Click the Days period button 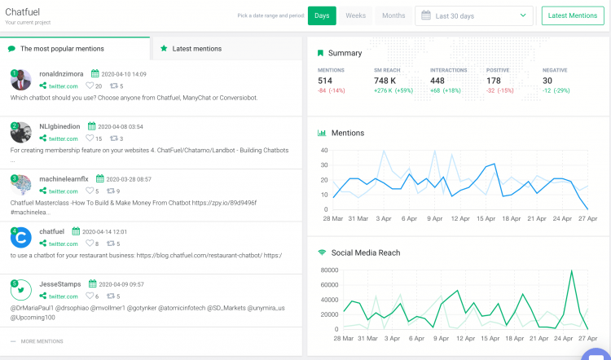[x=323, y=15]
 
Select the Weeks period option [x=355, y=15]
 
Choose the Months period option [x=393, y=15]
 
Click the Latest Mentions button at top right [x=572, y=15]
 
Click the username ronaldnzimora [x=61, y=74]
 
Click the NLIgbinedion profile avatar [x=21, y=132]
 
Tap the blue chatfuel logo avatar [x=21, y=237]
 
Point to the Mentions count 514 [x=326, y=81]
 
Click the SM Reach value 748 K [x=386, y=81]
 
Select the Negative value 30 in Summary [x=547, y=81]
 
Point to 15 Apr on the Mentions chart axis [x=486, y=218]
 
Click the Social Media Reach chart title [x=366, y=252]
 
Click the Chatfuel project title [x=24, y=11]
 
